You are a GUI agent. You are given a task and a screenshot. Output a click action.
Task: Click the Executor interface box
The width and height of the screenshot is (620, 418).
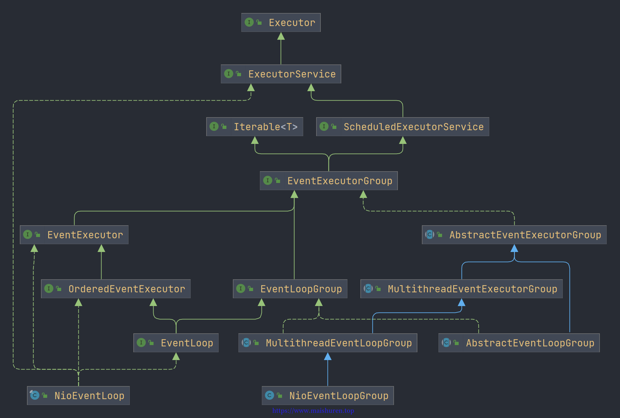click(x=281, y=22)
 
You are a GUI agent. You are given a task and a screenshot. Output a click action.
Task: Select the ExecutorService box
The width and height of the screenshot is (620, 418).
click(x=281, y=74)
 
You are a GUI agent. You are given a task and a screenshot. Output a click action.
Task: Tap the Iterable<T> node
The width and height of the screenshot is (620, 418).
click(x=255, y=127)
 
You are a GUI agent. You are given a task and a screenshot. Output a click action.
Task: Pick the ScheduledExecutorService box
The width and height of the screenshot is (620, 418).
click(x=402, y=127)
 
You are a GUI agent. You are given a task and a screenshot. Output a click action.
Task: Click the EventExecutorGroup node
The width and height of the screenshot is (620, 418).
click(x=329, y=181)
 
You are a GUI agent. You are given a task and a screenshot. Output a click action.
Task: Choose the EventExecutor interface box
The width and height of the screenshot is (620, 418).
click(x=74, y=235)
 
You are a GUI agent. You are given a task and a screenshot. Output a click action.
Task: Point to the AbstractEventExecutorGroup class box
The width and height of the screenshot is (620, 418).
click(x=514, y=235)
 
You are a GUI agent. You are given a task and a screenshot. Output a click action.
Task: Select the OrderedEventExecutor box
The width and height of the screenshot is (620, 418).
click(x=116, y=289)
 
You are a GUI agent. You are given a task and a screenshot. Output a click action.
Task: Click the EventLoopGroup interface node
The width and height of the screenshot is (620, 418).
click(x=290, y=289)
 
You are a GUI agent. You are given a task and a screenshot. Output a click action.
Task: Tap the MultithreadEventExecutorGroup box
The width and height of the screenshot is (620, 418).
click(x=461, y=289)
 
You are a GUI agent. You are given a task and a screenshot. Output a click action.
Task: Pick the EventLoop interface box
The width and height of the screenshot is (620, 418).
click(x=176, y=343)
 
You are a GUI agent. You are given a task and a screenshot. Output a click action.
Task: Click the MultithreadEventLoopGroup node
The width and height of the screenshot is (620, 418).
click(x=328, y=343)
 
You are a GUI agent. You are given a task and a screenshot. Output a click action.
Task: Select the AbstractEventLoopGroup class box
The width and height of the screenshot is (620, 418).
click(x=519, y=343)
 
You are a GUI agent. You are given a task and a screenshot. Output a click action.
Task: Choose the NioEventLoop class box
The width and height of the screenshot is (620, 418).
click(x=78, y=396)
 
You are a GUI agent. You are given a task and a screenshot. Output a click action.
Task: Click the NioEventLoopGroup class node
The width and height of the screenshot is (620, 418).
click(x=328, y=396)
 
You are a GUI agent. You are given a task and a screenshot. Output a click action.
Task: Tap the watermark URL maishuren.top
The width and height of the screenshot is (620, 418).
click(x=313, y=411)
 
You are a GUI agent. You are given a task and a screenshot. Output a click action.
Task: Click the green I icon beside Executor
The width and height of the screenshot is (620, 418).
click(x=249, y=22)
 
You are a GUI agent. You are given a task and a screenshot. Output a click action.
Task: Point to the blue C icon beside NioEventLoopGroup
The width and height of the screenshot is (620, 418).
click(x=269, y=395)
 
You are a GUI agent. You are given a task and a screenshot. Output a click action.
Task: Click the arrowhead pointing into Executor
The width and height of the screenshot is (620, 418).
click(x=281, y=36)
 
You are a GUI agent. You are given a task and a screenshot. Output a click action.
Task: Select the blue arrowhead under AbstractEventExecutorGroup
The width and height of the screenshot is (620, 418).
click(x=514, y=248)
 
